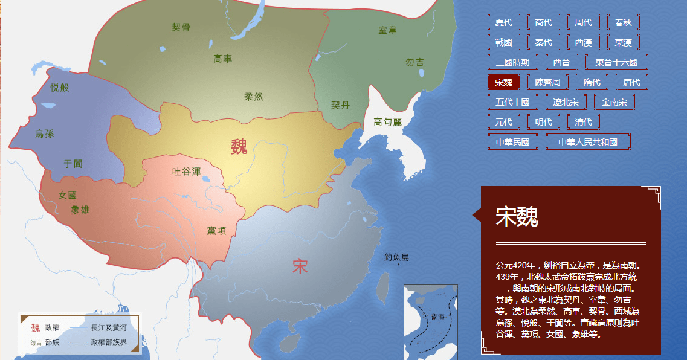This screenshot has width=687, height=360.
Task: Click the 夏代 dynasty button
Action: click(503, 23)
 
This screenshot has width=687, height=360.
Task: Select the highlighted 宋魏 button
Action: click(503, 82)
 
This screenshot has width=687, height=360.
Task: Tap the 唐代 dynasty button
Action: click(632, 82)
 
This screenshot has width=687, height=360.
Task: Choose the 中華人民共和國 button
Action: click(588, 142)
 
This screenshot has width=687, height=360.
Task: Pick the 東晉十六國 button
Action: click(616, 62)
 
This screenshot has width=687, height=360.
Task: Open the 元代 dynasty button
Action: click(503, 122)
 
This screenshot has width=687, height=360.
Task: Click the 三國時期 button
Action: click(512, 62)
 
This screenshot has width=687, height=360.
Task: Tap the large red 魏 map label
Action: click(239, 147)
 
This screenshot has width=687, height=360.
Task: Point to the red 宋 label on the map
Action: click(300, 266)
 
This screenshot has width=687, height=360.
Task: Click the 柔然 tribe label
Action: click(253, 97)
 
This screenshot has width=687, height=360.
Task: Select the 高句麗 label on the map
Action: click(387, 122)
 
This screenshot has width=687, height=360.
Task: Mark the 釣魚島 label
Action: click(396, 257)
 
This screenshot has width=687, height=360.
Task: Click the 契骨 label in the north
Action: click(181, 27)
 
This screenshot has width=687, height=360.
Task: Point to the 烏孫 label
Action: click(45, 133)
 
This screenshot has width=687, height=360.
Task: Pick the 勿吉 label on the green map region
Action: click(414, 62)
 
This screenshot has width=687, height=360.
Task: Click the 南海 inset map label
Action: click(438, 317)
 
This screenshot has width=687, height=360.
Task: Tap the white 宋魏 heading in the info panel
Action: click(517, 216)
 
